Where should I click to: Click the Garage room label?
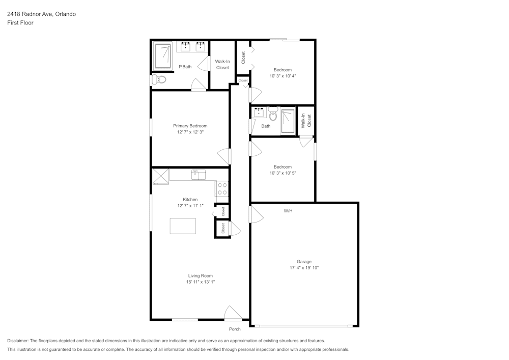[x=304, y=262]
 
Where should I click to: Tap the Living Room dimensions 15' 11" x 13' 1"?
[x=201, y=282]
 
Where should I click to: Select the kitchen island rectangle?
[x=183, y=226]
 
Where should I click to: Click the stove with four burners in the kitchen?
[x=222, y=189]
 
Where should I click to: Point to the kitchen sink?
[x=198, y=175]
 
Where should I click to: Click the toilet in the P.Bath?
[x=159, y=79]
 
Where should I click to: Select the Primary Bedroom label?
[x=190, y=126]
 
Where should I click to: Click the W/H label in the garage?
[x=288, y=211]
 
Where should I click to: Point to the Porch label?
[x=235, y=329]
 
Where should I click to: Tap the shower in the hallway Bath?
[x=288, y=121]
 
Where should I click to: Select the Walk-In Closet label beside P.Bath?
[x=222, y=64]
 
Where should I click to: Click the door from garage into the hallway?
[x=256, y=214]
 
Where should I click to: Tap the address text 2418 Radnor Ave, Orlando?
[x=41, y=14]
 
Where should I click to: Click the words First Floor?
[x=20, y=23]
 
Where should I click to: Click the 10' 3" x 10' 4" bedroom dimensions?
[x=282, y=76]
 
